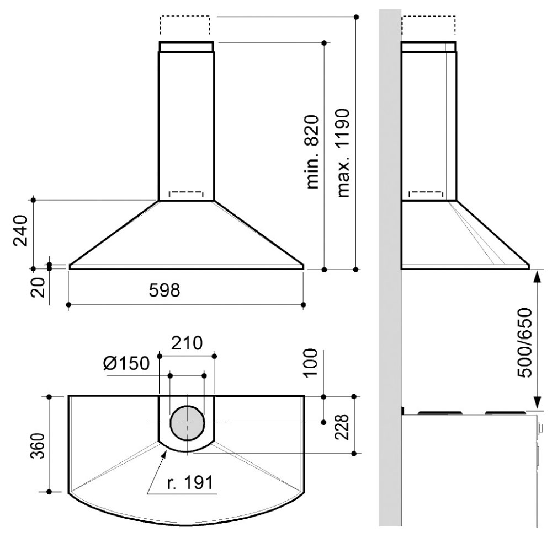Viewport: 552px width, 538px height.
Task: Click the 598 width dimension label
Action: point(164,290)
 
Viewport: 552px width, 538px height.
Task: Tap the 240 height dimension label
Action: point(20,230)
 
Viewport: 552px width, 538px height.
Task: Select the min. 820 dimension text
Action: point(312,152)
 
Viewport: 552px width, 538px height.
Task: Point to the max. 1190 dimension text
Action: point(343,153)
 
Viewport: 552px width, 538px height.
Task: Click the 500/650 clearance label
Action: point(525,343)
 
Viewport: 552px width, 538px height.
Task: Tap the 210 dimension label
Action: point(187,343)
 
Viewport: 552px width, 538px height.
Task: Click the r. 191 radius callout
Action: point(190,483)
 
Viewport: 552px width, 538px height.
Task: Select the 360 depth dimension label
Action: point(38,446)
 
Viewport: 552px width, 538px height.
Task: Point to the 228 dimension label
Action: point(341,427)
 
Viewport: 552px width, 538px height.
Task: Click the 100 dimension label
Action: point(310,363)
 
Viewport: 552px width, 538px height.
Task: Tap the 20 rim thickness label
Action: point(38,288)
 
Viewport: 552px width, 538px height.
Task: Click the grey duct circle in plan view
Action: point(187,423)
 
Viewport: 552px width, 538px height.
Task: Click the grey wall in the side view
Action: point(390,267)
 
